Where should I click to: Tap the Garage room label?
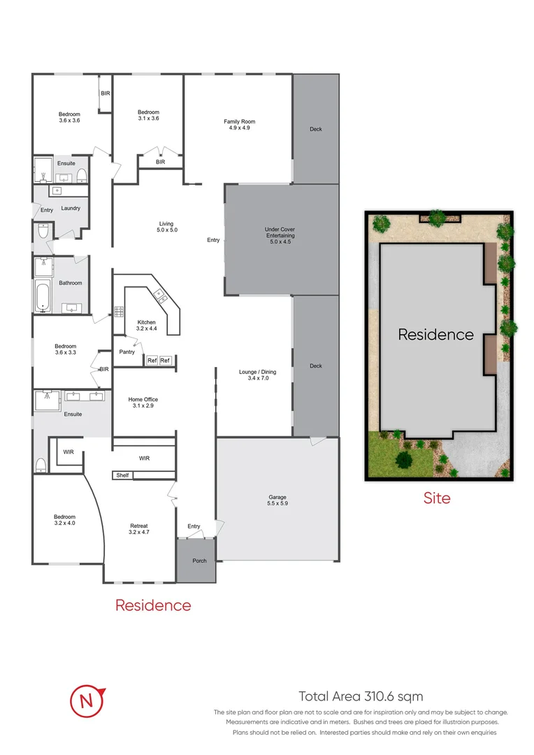click(277, 500)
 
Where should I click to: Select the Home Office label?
click(143, 403)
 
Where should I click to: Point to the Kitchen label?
click(147, 325)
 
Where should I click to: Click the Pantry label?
click(127, 352)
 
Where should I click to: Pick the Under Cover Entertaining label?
click(280, 236)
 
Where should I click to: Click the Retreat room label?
click(138, 529)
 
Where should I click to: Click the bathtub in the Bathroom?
click(43, 296)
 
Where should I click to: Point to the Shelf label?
click(122, 475)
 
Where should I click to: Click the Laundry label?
click(71, 208)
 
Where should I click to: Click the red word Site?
click(437, 498)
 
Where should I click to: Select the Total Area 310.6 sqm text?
click(361, 696)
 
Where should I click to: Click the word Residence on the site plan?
click(435, 335)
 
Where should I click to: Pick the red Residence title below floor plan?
click(153, 605)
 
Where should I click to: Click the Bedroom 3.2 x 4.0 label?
click(65, 519)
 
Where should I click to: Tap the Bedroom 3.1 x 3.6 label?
click(148, 115)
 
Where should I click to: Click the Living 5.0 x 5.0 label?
click(165, 226)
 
